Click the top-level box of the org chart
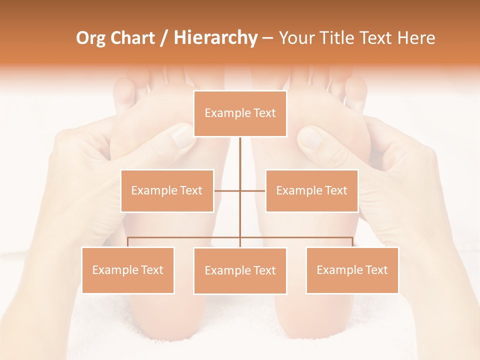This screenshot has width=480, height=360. coord(240,113)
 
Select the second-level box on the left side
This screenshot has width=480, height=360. coord(167,190)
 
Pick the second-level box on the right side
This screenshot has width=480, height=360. coord(311,190)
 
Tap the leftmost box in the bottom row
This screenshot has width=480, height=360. coord(128,270)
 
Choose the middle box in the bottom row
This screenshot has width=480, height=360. coord(240,270)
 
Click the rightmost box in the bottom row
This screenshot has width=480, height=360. coord(352,270)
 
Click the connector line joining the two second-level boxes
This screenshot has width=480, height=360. coord(227,190)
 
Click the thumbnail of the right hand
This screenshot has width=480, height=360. coord(310,136)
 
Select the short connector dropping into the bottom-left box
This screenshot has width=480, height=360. coord(128,242)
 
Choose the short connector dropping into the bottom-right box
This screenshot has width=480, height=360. coord(352,242)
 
